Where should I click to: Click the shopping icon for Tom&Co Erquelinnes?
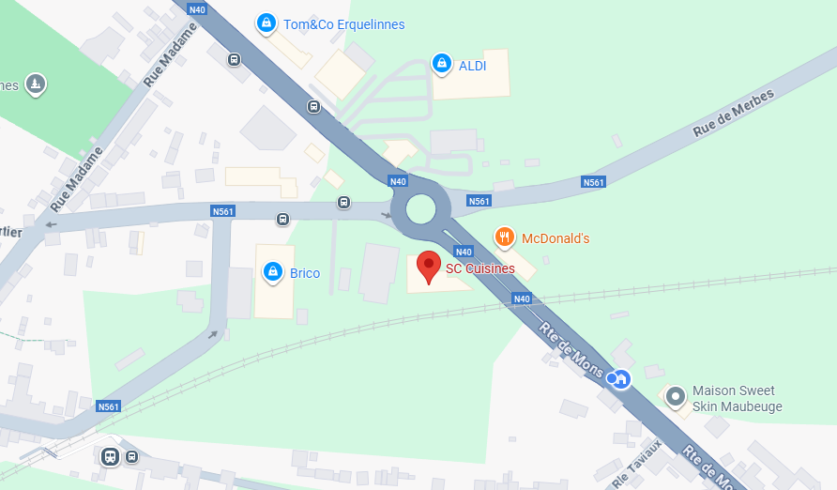click(x=266, y=23)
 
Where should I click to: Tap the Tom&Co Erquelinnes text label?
click(x=344, y=24)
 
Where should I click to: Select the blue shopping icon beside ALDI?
click(x=441, y=64)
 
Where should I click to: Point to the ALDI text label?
click(x=473, y=65)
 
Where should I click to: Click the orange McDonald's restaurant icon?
click(x=505, y=237)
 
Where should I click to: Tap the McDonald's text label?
click(x=555, y=238)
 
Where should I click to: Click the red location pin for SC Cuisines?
click(x=429, y=268)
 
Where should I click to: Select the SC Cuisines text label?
click(x=479, y=268)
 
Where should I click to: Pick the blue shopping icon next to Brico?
click(x=272, y=272)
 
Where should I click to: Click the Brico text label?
click(x=305, y=273)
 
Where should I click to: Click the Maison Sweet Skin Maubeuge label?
click(x=738, y=399)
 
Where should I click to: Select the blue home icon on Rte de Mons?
click(x=620, y=378)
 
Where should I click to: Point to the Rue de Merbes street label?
click(x=734, y=114)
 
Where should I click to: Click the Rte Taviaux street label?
click(x=637, y=465)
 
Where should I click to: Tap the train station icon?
click(x=110, y=457)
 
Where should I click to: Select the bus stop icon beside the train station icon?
click(x=131, y=457)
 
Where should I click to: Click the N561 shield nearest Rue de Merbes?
click(x=593, y=182)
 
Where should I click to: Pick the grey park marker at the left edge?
click(x=36, y=84)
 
